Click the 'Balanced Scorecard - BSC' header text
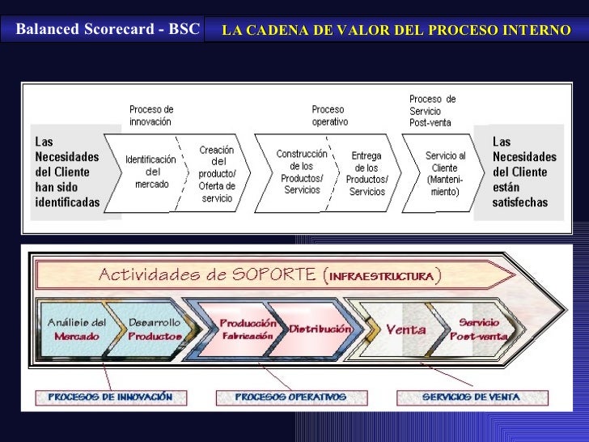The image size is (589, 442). coord(108,30)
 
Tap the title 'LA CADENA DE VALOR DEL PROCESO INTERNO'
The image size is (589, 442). coord(396,31)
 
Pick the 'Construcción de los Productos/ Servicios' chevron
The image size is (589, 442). coord(302,172)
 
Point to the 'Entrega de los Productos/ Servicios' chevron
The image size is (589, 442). coord(367,173)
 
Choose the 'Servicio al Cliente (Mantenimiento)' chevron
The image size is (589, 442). coord(444,173)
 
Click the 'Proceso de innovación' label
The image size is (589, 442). coord(150,115)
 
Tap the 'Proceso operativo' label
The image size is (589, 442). coord(329,115)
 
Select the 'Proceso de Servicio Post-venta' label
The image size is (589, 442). coord(432,110)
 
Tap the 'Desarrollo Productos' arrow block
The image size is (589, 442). coord(154,329)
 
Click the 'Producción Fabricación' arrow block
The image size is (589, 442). coord(248,329)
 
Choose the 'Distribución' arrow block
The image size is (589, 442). coord(320,329)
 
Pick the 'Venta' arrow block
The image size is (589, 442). coord(405,329)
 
